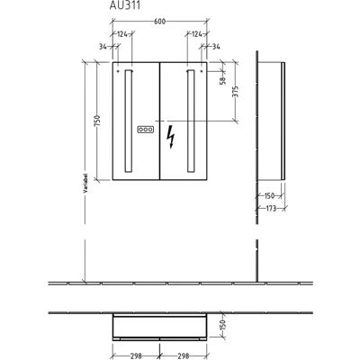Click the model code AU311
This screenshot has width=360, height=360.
125,5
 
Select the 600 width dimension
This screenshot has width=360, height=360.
159,22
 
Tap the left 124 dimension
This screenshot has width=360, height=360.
121,34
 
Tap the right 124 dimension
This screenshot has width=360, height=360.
197,34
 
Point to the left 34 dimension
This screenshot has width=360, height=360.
103,47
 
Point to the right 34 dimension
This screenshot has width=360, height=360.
216,47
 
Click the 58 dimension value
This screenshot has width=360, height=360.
222,81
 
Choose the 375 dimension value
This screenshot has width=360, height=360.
235,92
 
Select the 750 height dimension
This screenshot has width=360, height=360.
97,121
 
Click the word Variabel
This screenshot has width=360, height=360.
85,183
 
